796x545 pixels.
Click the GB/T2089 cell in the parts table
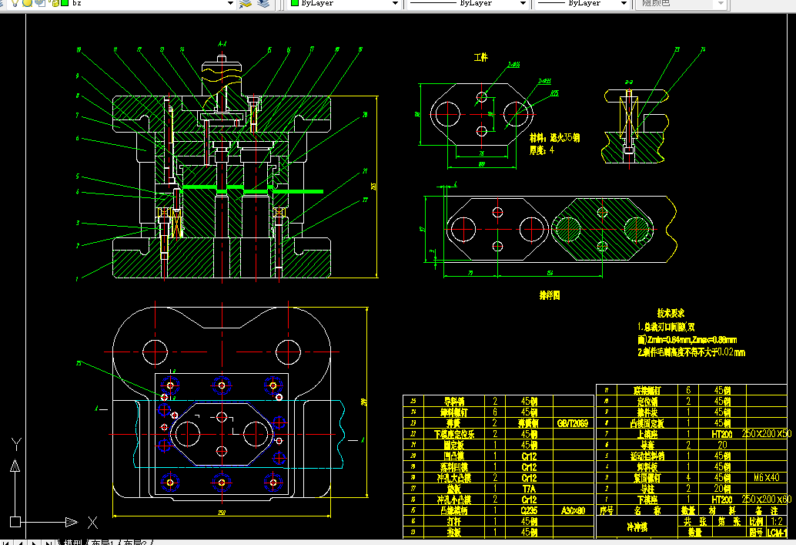pos(572,423)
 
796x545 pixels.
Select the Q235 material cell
pos(529,510)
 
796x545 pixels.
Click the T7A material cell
pos(529,489)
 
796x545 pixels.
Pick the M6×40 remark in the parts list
pos(768,477)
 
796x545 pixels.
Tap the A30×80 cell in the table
pos(572,510)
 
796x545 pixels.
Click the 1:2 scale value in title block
pos(776,521)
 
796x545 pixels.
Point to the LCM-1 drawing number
pos(776,533)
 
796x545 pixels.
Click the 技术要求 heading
pos(671,314)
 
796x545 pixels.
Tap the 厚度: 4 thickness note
pos(541,150)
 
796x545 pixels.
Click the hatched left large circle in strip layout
pos(570,229)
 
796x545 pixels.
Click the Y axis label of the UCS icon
pos(15,444)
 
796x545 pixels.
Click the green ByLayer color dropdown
pos(344,4)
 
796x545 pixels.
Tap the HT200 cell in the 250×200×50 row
pos(721,434)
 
